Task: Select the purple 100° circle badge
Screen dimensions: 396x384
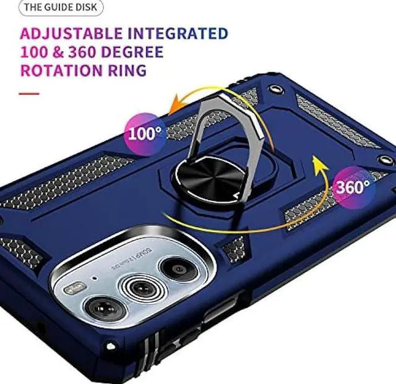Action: tap(145, 132)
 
